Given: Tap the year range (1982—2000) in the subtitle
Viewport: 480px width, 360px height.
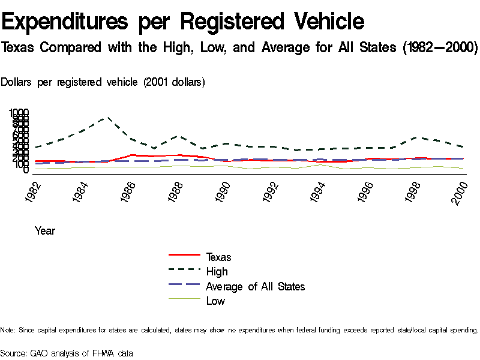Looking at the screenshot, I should (x=436, y=47).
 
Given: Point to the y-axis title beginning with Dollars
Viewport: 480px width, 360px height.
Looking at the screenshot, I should (x=103, y=82).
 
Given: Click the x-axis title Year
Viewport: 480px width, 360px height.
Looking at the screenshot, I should (x=45, y=230).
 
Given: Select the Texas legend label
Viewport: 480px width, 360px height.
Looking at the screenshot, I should (x=218, y=257).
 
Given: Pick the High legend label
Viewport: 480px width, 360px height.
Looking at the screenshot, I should (x=217, y=272).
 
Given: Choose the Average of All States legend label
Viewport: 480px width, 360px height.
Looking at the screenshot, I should (x=255, y=286).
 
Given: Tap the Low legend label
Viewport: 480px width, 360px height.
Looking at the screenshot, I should (x=215, y=301).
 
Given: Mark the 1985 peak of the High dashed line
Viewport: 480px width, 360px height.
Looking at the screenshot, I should (x=107, y=118).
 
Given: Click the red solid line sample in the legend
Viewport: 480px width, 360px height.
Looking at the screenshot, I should (x=184, y=257).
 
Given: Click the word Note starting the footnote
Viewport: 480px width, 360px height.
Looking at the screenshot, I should (x=8, y=330).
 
